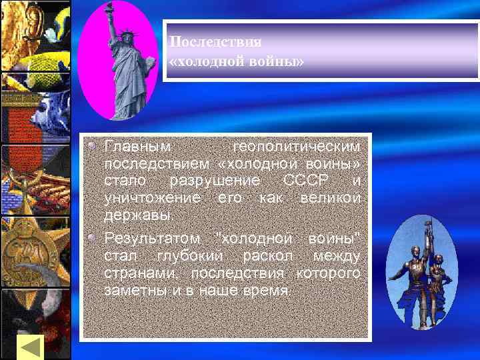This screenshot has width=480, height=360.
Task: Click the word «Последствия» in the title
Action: point(215,41)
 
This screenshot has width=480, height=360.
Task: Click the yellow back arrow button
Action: point(30,347)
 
